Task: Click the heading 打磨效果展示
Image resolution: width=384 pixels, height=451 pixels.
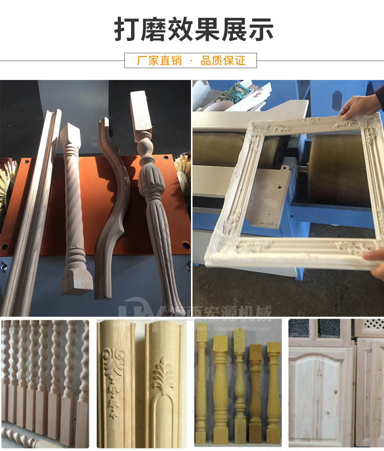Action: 193,30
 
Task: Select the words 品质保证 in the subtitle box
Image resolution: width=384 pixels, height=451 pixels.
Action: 223,61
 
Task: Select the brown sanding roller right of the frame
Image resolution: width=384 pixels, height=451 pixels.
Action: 340,169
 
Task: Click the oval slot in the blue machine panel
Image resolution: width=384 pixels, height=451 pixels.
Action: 336,100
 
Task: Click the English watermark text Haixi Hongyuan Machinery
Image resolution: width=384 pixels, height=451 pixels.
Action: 233,329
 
